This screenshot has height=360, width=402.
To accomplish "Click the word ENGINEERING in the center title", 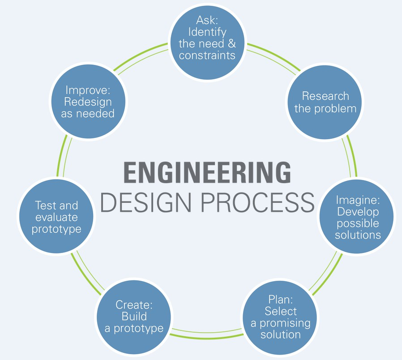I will click(207, 173).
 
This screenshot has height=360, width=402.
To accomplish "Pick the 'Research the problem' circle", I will click(325, 103).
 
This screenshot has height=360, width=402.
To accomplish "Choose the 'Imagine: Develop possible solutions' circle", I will click(357, 217).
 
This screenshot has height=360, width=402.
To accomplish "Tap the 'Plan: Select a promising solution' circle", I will click(280, 317).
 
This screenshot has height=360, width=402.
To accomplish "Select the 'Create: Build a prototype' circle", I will click(134, 317).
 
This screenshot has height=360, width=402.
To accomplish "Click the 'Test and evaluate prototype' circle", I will click(56, 217).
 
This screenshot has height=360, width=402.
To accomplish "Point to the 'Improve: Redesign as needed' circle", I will click(88, 102).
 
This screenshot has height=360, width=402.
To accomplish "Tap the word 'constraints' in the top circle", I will click(207, 56).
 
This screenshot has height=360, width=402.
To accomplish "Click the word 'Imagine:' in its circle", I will click(357, 200).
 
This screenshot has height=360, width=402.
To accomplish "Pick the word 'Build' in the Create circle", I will click(134, 317).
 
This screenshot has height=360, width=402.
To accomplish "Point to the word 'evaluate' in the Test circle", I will click(56, 218).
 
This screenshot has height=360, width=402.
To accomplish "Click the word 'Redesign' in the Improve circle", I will click(88, 102).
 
